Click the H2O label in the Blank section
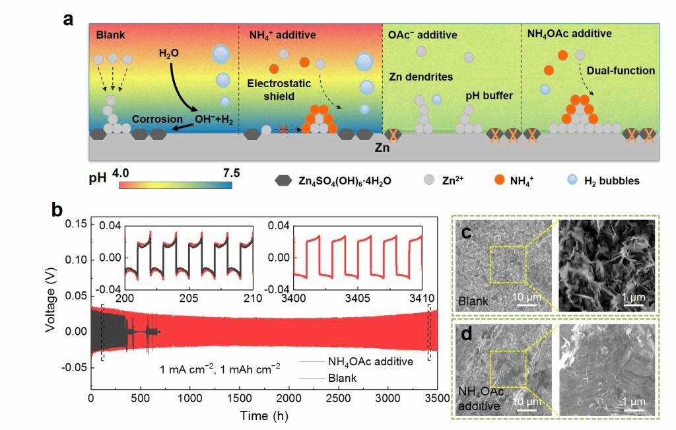pos(169,52)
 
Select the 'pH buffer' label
pos(489,96)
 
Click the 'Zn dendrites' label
pos(421,77)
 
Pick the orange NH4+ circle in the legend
pos(499,180)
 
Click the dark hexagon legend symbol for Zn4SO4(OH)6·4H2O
pos(284,180)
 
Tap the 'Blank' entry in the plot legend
pos(342,378)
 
